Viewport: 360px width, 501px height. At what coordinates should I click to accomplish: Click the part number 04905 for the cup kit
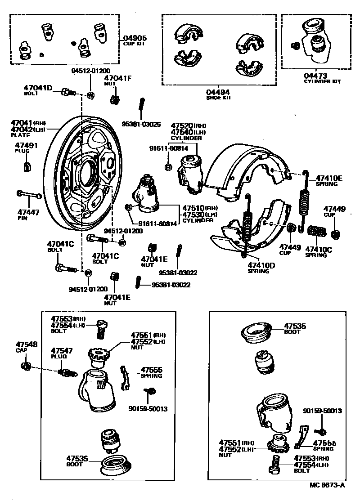(135, 39)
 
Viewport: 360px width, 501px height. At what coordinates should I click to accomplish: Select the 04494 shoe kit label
(218, 92)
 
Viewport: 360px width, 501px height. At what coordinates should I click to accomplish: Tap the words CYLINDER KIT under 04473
(322, 82)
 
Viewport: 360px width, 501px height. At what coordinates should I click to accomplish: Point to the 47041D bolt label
(38, 88)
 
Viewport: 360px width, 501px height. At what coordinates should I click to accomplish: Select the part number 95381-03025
(142, 124)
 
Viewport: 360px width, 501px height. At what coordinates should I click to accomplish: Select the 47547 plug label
(59, 350)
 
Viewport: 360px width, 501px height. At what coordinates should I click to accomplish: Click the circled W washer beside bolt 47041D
(90, 95)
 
